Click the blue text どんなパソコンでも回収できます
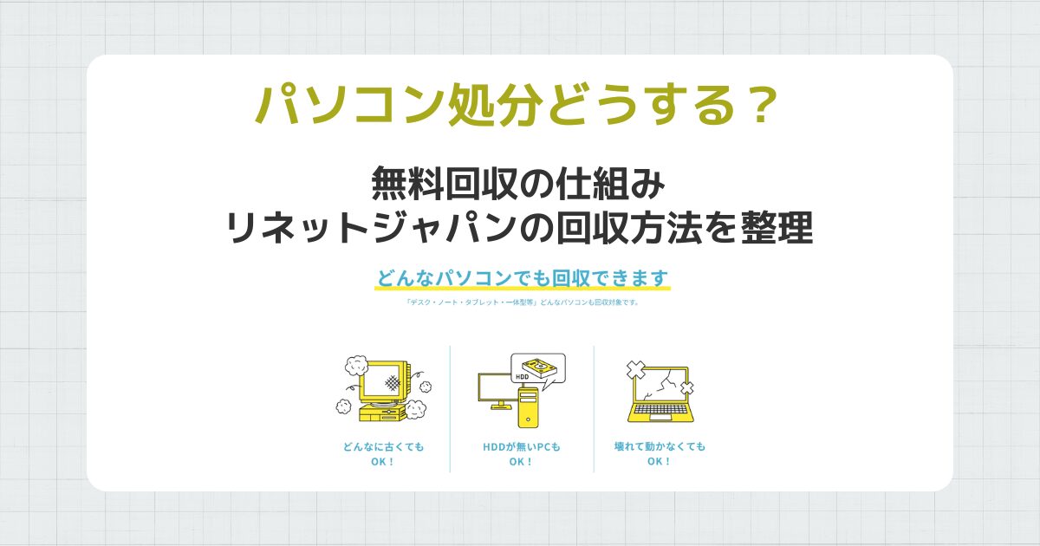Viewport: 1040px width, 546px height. coord(523,278)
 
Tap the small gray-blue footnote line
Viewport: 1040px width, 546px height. coord(522,303)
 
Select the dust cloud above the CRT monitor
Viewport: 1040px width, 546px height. coord(356,362)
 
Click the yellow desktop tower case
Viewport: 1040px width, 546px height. coord(529,407)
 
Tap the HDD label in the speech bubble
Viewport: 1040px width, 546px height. coord(522,377)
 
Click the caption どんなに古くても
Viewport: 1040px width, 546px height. coord(383,447)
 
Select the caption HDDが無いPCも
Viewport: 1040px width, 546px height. coord(522,447)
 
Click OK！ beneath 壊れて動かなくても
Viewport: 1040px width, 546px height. coord(659,462)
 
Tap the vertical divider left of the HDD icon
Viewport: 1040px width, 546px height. coord(450,408)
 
